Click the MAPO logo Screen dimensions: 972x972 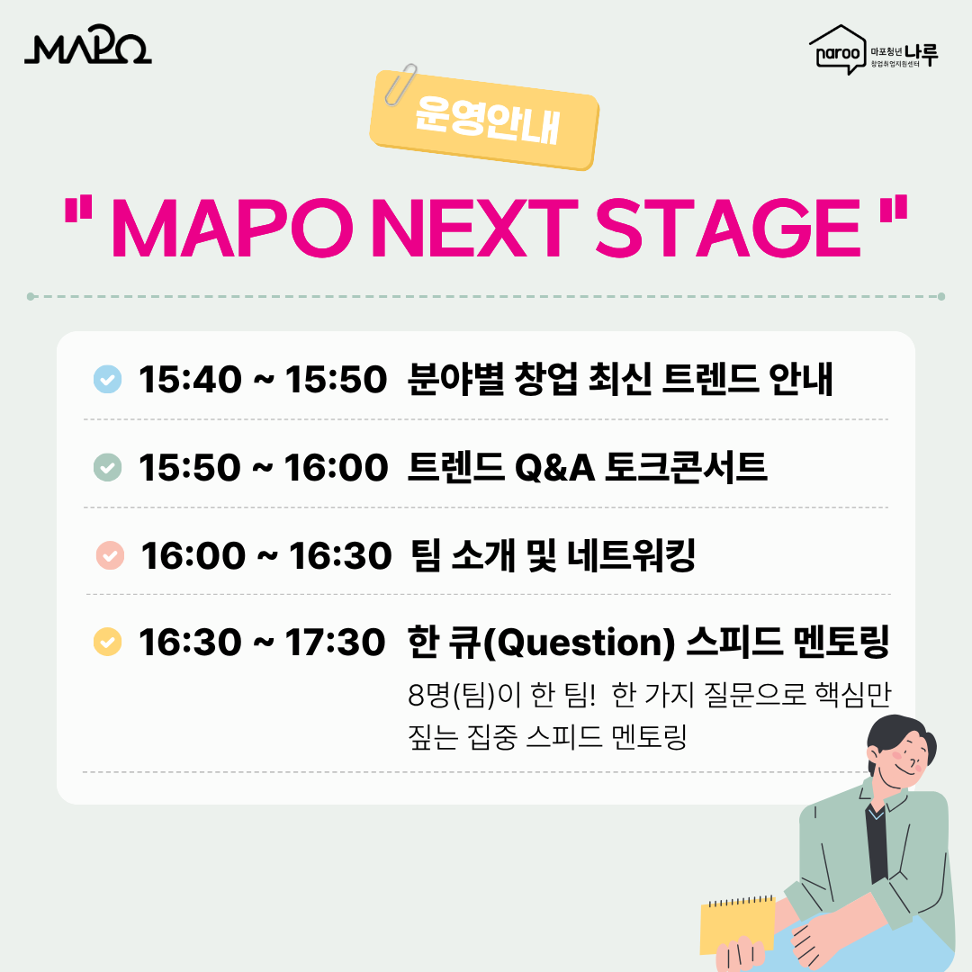coord(87,49)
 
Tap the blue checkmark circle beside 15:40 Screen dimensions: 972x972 coord(107,380)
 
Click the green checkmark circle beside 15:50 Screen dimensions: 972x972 coord(107,467)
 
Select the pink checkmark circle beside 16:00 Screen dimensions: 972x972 coord(109,555)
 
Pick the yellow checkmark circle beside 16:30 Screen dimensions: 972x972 coord(107,643)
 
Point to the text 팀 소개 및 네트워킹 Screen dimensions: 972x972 coord(552,555)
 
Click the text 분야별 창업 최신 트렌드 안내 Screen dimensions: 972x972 coord(620,380)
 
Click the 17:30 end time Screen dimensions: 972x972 coord(336,643)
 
